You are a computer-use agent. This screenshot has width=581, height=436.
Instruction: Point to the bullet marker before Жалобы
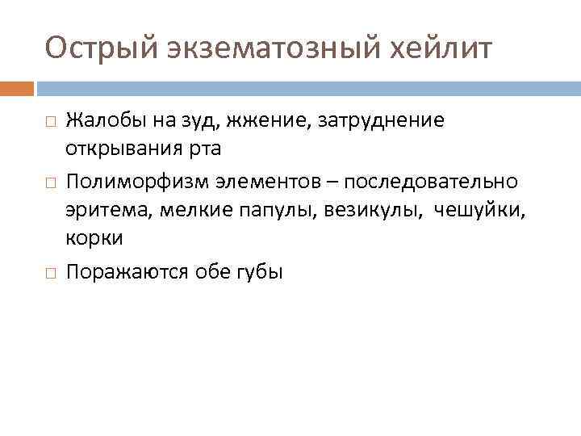51,123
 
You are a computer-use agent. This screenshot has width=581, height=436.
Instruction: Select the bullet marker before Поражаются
51,272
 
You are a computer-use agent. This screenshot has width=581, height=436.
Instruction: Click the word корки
95,239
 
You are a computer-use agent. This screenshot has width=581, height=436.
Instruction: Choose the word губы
260,271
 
